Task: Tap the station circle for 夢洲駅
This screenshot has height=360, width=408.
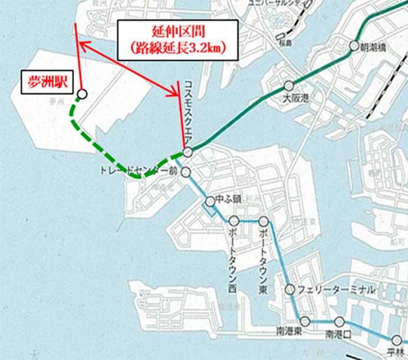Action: point(82,93)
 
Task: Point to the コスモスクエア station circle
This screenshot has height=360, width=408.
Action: point(187,152)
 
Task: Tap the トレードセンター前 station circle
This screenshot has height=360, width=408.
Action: point(186,172)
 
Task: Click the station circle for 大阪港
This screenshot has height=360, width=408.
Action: point(288,85)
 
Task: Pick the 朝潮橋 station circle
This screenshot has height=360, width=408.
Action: point(354,45)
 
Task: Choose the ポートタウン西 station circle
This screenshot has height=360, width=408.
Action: point(233,221)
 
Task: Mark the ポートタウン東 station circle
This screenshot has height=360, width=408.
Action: point(263,221)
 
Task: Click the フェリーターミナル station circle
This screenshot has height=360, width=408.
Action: point(289,289)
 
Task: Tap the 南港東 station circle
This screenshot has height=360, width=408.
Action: point(305,321)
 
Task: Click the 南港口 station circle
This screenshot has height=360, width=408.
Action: point(339,321)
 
